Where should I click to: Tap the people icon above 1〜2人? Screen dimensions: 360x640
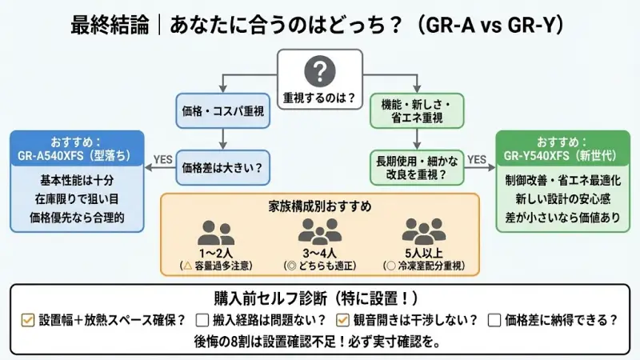[216, 233]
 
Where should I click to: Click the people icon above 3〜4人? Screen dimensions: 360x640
[319, 231]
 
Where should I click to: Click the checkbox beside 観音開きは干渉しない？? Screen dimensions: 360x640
[342, 320]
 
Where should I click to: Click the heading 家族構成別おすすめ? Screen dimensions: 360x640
[319, 206]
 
